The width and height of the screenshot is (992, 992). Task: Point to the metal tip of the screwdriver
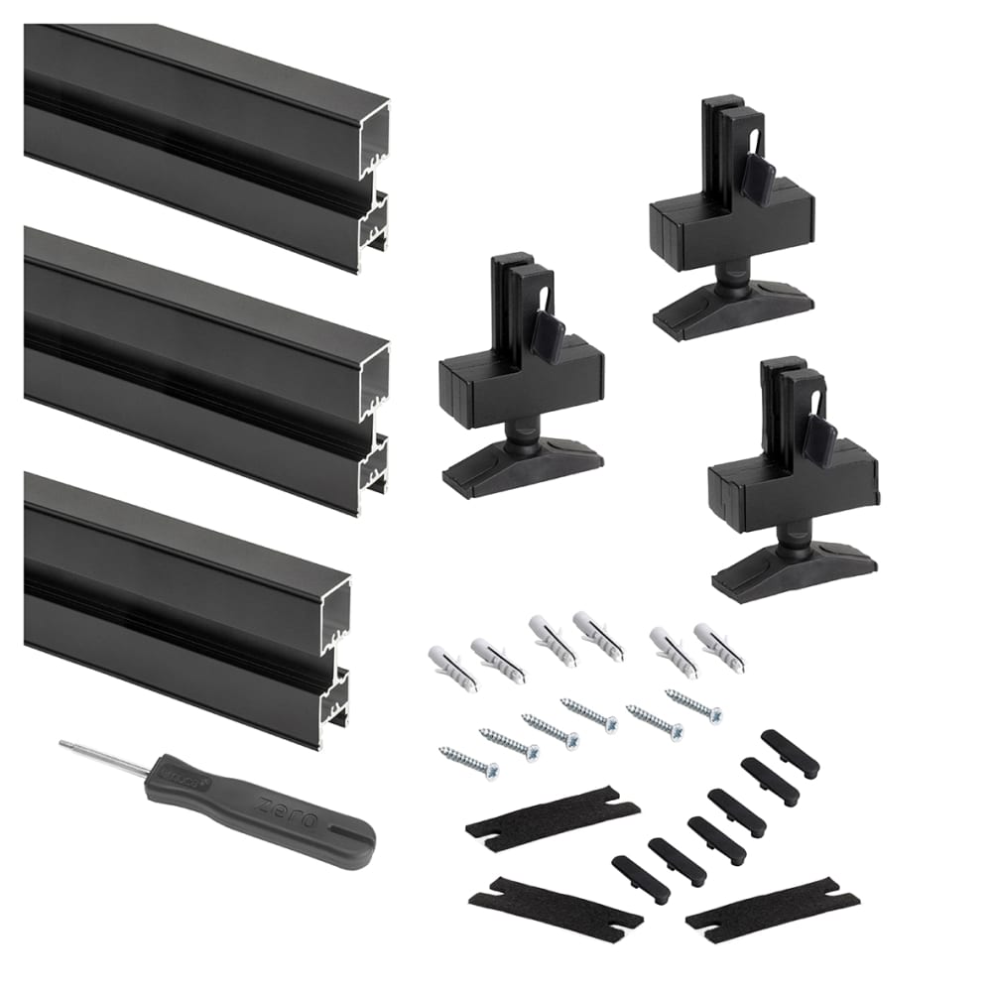click(64, 743)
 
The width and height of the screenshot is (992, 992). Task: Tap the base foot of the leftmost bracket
click(522, 465)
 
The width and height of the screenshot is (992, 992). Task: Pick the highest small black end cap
click(790, 753)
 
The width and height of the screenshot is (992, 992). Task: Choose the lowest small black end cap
click(640, 879)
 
